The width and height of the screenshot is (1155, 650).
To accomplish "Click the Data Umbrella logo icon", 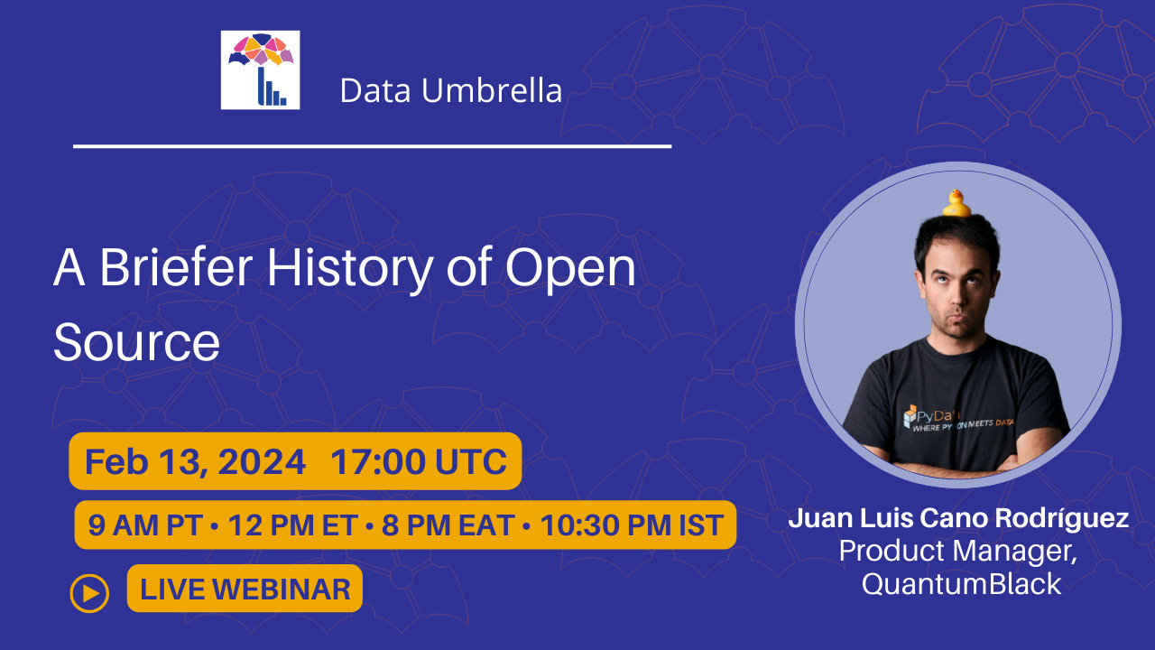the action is click(x=261, y=70).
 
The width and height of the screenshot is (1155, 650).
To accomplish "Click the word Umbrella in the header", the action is click(x=492, y=90).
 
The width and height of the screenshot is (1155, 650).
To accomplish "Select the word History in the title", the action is click(x=349, y=270).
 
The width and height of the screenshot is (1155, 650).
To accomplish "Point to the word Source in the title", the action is click(x=136, y=342).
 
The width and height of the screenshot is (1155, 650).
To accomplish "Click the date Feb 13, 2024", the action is click(x=195, y=461).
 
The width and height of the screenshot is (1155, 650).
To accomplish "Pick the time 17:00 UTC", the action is click(x=419, y=461).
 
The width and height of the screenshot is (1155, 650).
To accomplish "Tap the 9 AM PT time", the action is click(x=144, y=525).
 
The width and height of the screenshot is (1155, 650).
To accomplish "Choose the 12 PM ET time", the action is click(x=293, y=525).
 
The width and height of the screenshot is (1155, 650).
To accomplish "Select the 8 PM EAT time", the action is click(x=448, y=525).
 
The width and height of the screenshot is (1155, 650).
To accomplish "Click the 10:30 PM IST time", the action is click(x=632, y=525).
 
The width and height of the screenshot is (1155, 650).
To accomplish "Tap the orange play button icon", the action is click(x=89, y=593).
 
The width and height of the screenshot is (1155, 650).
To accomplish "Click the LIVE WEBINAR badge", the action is click(x=245, y=589).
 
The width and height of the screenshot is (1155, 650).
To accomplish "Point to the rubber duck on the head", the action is click(x=956, y=203).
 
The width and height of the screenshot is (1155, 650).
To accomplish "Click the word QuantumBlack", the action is click(x=961, y=584).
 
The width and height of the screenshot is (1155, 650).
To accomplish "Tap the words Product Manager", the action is click(x=958, y=552).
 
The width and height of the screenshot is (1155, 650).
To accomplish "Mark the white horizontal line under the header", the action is click(x=373, y=146).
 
